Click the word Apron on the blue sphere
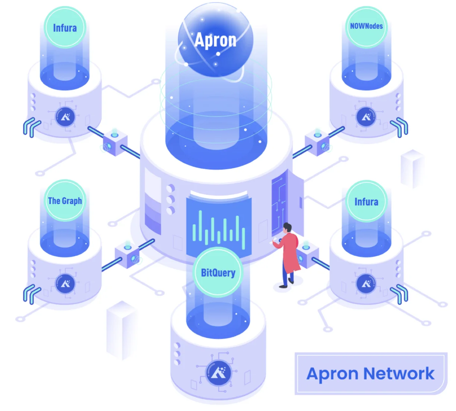pyautogui.click(x=215, y=40)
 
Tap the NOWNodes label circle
pyautogui.click(x=366, y=27)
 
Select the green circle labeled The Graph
pyautogui.click(x=65, y=201)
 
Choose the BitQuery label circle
pyautogui.click(x=218, y=273)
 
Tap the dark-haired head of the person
pyautogui.click(x=287, y=228)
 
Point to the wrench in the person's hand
pyautogui.click(x=273, y=241)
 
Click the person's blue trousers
pyautogui.click(x=287, y=274)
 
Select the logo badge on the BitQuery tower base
pyautogui.click(x=218, y=373)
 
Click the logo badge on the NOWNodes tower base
pyautogui.click(x=366, y=117)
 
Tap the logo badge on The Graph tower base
pyautogui.click(x=65, y=284)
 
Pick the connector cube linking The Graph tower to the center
pyautogui.click(x=127, y=255)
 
